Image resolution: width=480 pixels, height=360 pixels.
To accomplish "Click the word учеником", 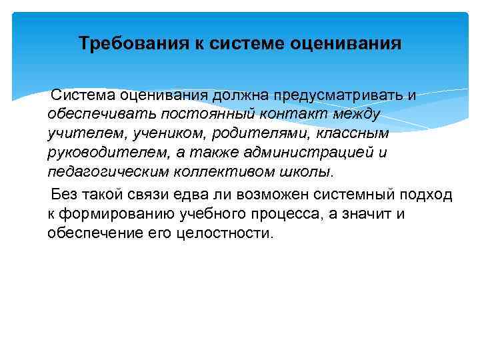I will click(149, 133).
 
